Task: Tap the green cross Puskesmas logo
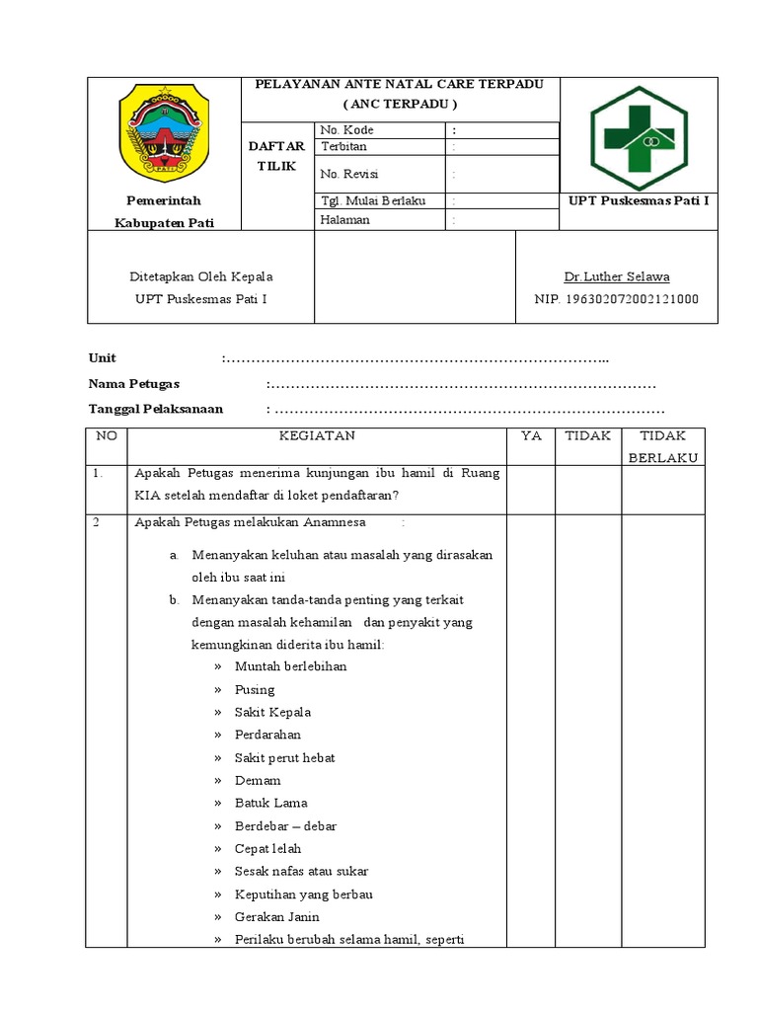pos(639,138)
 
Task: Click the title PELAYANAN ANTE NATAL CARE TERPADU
pos(400,85)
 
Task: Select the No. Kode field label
pos(346,130)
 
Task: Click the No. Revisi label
pos(349,174)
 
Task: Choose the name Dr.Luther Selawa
pos(616,276)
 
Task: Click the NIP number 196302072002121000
pos(616,299)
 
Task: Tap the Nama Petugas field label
pos(134,384)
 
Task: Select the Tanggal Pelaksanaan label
pos(156,409)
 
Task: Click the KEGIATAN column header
pos(317,435)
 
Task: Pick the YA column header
pos(531,435)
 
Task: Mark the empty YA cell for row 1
pos(531,490)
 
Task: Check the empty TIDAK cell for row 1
pos(587,490)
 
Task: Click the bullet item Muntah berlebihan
pos(290,666)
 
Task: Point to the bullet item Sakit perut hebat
pos(284,757)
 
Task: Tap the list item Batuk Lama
pos(270,803)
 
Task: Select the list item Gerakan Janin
pos(276,917)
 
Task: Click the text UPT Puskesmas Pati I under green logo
pos(639,201)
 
